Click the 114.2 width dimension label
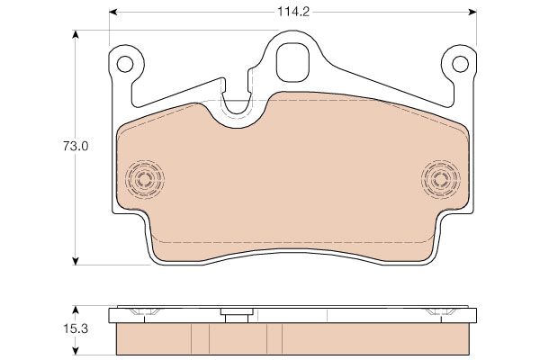(x=293, y=12)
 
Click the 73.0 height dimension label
(x=76, y=147)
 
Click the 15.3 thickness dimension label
(x=76, y=328)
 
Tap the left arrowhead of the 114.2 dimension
(x=113, y=13)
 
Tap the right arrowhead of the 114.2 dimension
(x=472, y=13)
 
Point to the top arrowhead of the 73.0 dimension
(x=76, y=34)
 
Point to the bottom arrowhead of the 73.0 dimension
(x=76, y=261)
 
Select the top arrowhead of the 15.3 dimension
(x=76, y=310)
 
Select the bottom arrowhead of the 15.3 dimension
(x=76, y=351)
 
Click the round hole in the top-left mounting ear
(x=125, y=64)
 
